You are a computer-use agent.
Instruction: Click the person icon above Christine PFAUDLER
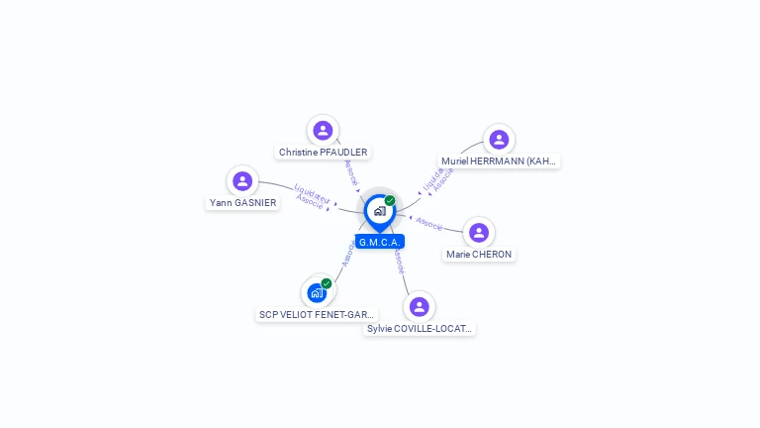point(323,130)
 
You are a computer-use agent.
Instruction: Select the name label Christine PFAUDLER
point(323,153)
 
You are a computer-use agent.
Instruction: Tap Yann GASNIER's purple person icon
point(242,180)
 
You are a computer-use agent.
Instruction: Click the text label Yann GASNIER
point(242,203)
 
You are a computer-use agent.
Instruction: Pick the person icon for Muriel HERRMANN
point(499,139)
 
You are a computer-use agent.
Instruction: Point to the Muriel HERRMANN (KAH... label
point(499,160)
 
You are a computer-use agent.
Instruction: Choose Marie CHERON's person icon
point(479,232)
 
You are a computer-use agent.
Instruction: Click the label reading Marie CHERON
point(479,255)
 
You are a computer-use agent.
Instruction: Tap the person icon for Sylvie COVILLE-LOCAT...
point(420,306)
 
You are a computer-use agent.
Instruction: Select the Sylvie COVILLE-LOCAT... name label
point(420,329)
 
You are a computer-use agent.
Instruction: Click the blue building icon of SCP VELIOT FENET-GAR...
point(317,292)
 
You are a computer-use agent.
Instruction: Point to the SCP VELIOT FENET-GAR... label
point(317,315)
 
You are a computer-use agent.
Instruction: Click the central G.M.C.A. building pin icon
point(379,211)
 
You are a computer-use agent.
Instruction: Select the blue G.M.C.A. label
point(380,242)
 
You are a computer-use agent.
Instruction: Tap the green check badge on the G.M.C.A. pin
point(390,200)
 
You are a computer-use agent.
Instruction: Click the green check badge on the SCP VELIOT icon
point(327,283)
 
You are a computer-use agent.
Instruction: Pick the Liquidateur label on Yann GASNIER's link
point(313,192)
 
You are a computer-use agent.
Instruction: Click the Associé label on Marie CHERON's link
point(429,224)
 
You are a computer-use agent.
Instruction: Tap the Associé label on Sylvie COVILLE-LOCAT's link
point(398,262)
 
